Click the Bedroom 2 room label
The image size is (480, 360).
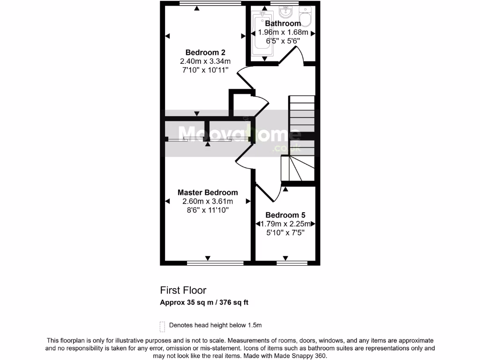pos(205,52)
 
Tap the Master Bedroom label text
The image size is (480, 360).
pos(207,192)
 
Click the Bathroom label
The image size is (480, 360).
pos(283,23)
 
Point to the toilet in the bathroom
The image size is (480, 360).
pos(306,17)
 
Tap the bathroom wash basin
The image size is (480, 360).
pos(285,11)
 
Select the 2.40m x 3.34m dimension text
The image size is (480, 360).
pos(205,61)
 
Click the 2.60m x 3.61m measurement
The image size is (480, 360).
pos(207,202)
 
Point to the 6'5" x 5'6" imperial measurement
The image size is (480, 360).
pos(283,41)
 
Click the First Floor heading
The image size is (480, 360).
pos(183,291)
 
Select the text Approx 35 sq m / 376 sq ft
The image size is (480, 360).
pos(204,302)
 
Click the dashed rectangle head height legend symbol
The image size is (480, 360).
pos(163,326)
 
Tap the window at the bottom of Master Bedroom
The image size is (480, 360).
pos(215,263)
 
